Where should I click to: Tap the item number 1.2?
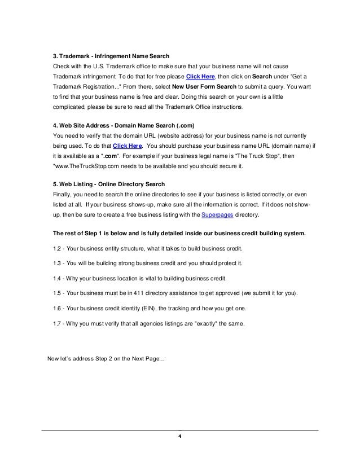(x=55, y=249)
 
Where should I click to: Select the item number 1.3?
(x=55, y=263)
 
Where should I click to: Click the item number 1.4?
(x=55, y=279)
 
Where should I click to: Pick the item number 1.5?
(x=55, y=293)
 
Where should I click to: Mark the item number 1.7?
(x=55, y=323)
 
